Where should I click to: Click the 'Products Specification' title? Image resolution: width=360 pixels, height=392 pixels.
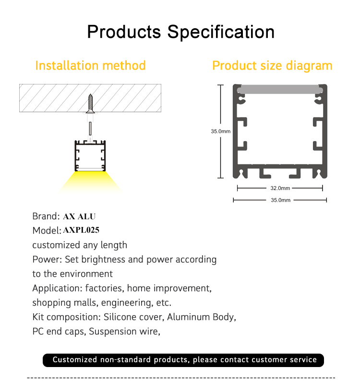(x=180, y=32)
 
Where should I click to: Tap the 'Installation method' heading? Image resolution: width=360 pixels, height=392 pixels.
(x=90, y=66)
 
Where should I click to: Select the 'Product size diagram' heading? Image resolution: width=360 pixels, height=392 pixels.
(x=272, y=66)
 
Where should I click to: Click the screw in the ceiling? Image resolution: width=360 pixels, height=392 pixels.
(x=90, y=104)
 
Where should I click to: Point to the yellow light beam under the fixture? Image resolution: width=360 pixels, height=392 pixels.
(x=90, y=182)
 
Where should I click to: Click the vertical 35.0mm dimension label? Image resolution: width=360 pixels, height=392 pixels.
(x=220, y=131)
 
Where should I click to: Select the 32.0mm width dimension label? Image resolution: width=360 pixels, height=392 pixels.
(x=280, y=188)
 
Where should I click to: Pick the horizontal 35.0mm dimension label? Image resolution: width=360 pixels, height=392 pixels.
(x=280, y=200)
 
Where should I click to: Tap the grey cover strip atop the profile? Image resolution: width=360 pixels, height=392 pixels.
(x=280, y=89)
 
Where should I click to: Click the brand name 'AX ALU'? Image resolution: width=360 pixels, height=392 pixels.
(x=79, y=216)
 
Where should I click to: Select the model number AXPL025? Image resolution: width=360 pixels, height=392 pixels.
(x=81, y=230)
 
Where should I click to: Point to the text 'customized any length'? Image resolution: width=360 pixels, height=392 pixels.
(x=80, y=245)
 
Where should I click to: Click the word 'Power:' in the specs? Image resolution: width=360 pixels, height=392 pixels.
(x=47, y=260)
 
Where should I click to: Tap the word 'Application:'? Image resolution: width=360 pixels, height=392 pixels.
(x=57, y=288)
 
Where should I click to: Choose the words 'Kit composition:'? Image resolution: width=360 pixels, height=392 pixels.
(x=67, y=317)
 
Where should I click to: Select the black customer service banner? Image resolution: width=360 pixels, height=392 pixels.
(x=183, y=360)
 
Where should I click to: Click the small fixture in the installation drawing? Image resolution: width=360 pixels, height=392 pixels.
(x=90, y=156)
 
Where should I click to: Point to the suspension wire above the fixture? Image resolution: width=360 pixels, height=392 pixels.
(x=90, y=129)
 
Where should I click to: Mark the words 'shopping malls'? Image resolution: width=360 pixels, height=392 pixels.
(x=65, y=303)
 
